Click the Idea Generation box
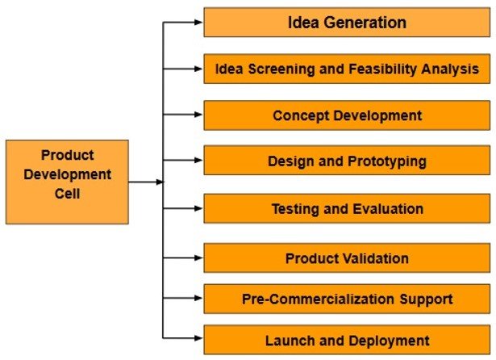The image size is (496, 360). (347, 23)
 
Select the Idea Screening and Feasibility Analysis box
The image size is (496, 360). (347, 69)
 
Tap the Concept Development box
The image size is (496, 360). (347, 115)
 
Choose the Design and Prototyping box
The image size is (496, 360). (347, 160)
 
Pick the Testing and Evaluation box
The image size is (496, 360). (347, 208)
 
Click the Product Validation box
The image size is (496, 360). (347, 258)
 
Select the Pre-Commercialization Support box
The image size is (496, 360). (347, 299)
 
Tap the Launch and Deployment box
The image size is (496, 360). (347, 340)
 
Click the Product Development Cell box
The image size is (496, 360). (67, 182)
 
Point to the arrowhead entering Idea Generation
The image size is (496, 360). (198, 22)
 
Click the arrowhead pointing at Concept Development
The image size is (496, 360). (198, 115)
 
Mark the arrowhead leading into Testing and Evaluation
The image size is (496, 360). (198, 208)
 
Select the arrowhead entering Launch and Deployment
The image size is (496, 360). (198, 338)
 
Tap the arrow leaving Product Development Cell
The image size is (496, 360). (146, 182)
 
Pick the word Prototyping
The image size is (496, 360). (387, 161)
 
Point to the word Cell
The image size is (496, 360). (67, 194)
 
